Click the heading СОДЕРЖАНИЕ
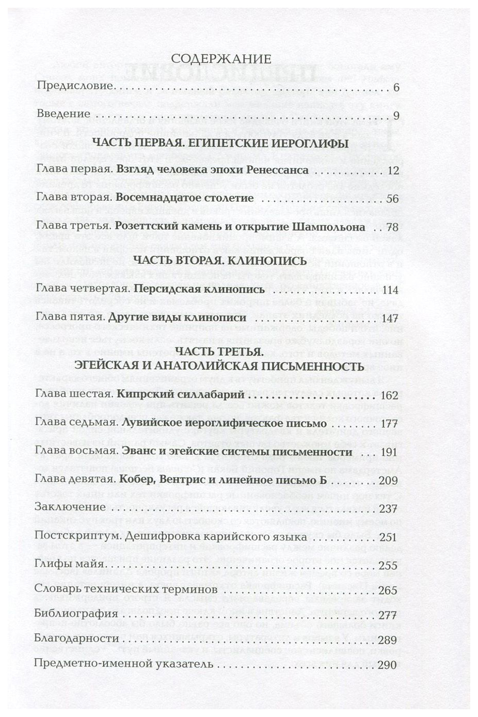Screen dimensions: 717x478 [221, 58]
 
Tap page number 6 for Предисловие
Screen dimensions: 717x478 [396, 87]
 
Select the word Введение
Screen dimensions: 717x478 [63, 114]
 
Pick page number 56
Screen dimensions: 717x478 [391, 199]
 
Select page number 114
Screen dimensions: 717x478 [388, 290]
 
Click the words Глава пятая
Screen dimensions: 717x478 [70, 317]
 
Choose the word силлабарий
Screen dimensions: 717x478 [210, 395]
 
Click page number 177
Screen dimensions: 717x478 [388, 424]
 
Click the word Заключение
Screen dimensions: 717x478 [70, 508]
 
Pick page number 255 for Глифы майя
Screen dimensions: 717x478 [388, 566]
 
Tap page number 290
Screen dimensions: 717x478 [387, 664]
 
